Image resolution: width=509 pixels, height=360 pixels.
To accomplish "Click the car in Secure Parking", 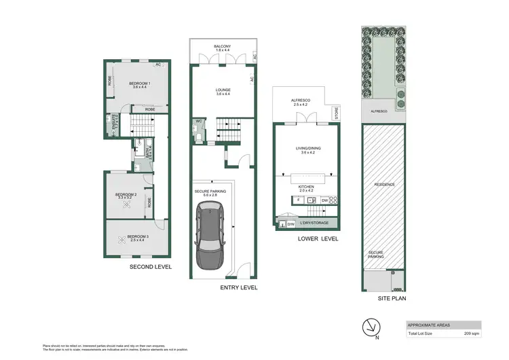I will tap(212, 238).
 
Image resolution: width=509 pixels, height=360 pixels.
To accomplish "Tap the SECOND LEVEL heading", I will tap(150, 267).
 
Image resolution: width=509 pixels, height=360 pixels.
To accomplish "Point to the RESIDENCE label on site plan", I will tap(383, 184).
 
